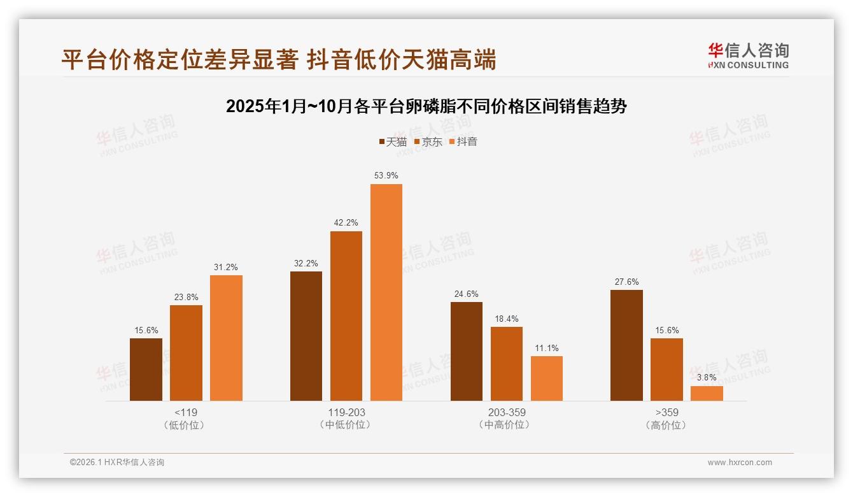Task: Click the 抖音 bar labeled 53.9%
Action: [x=386, y=292]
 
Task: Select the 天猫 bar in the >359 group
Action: [x=626, y=345]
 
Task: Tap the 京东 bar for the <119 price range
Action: [x=186, y=353]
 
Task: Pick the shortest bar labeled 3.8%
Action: [x=707, y=393]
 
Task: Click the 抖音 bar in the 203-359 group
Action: [x=547, y=378]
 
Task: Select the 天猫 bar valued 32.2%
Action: [x=306, y=336]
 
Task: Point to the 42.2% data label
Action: [x=346, y=222]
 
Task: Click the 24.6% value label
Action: [x=467, y=294]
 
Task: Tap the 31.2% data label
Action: [x=226, y=267]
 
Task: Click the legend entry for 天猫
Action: [x=393, y=142]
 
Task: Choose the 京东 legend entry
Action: [x=428, y=142]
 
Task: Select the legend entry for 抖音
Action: [x=463, y=142]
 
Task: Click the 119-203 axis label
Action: [x=346, y=412]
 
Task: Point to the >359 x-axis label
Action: [x=666, y=412]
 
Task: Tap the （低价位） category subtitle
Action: [x=186, y=425]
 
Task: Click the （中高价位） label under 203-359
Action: [x=507, y=425]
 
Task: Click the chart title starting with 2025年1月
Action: [x=427, y=106]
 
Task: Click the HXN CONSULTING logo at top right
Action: [x=748, y=56]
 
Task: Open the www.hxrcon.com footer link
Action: [x=740, y=463]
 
